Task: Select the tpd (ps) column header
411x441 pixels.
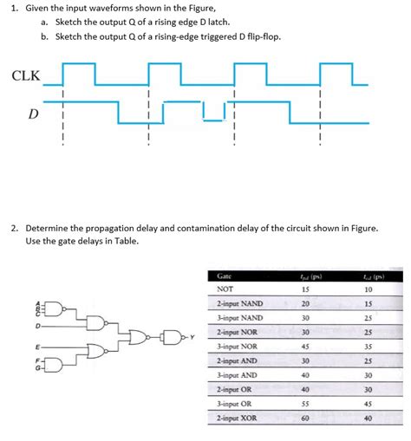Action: click(305, 276)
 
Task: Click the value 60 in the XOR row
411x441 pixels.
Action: click(305, 417)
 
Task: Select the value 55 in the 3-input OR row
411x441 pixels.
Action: click(305, 403)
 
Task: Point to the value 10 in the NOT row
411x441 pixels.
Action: click(369, 289)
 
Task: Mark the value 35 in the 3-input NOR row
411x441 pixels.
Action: click(369, 346)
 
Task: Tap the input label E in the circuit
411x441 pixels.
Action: click(37, 347)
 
